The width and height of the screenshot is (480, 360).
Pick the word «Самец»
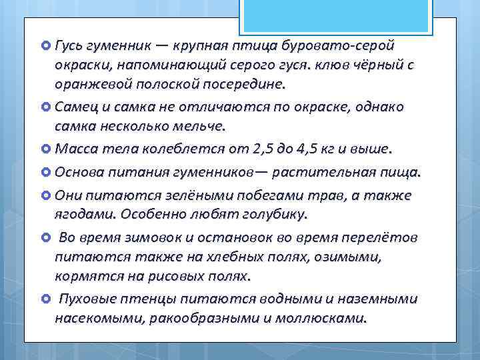click(76, 107)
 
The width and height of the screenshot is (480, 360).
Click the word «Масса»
click(76, 149)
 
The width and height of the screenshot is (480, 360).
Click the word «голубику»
click(274, 215)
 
